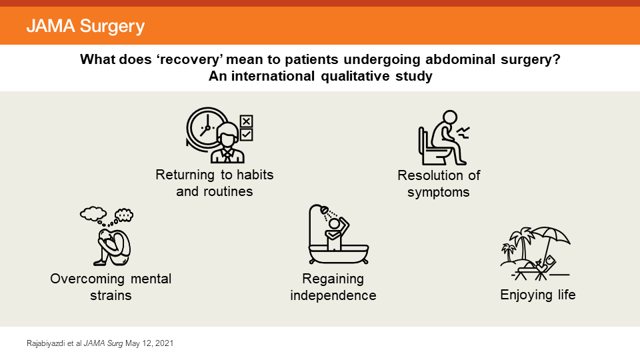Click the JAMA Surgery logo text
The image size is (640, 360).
[85, 27]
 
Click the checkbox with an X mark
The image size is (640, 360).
[246, 121]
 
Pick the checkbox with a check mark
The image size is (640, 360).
[246, 135]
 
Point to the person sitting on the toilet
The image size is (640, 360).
[443, 137]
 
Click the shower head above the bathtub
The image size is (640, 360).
[325, 211]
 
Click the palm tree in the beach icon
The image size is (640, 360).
[516, 243]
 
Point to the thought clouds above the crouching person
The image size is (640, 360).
[107, 215]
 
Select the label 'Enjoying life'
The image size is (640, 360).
[537, 295]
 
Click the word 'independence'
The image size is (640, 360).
[333, 295]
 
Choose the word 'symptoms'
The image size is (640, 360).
[439, 193]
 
